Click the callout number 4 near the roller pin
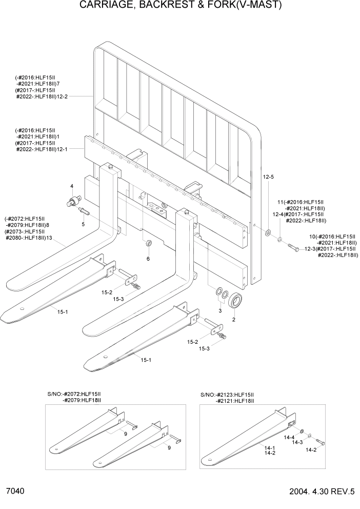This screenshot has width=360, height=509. click(72, 186)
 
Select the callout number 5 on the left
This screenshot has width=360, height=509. click(83, 224)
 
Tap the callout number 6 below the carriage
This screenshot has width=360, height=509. click(148, 259)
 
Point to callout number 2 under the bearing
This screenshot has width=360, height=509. click(234, 320)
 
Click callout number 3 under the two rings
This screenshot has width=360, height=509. click(221, 311)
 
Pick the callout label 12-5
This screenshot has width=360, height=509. click(269, 177)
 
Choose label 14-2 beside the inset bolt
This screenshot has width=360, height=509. click(311, 450)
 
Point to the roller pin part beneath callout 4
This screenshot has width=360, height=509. click(74, 201)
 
